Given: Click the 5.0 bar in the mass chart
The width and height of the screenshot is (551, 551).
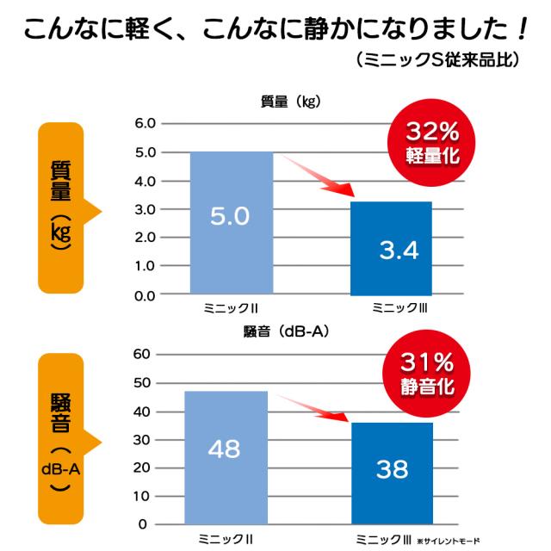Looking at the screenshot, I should tap(230, 223).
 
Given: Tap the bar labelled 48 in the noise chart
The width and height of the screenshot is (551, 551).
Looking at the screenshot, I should tap(226, 457).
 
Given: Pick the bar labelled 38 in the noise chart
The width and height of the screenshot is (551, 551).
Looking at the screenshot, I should tap(392, 473).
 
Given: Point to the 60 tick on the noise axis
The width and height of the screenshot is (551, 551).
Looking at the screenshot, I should tap(142, 354).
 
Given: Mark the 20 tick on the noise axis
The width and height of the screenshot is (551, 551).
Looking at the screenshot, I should tap(142, 467).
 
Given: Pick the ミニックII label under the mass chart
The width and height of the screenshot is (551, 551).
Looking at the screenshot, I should tap(227, 307).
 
